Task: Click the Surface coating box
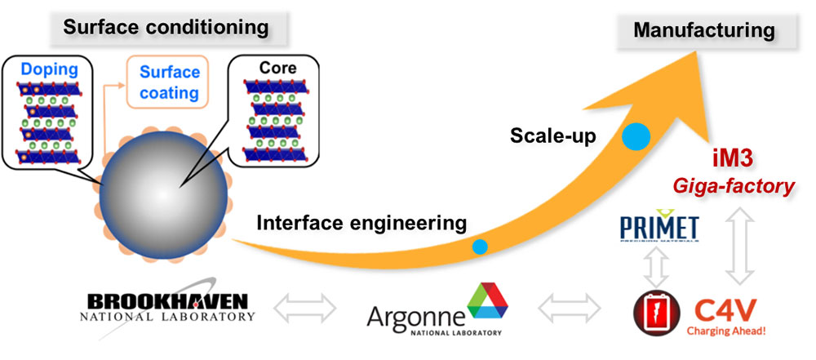click(x=170, y=82)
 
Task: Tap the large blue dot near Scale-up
click(x=636, y=136)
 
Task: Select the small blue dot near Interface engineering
click(x=480, y=246)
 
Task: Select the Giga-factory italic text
click(x=741, y=187)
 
